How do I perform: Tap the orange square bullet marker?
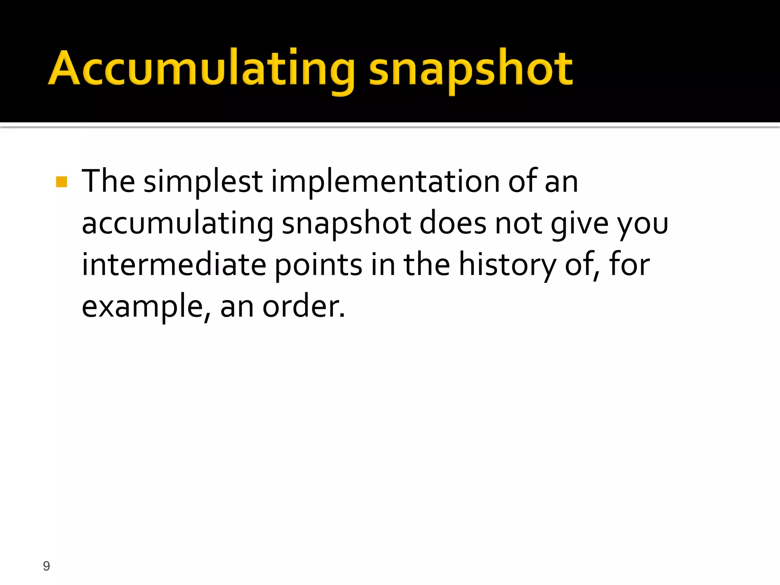(61, 182)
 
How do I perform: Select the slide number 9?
(46, 566)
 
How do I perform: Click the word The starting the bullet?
(108, 181)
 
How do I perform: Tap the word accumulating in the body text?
(177, 224)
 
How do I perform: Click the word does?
(452, 223)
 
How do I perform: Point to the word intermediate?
(174, 265)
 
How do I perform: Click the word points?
(318, 265)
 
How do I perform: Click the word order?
(303, 307)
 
